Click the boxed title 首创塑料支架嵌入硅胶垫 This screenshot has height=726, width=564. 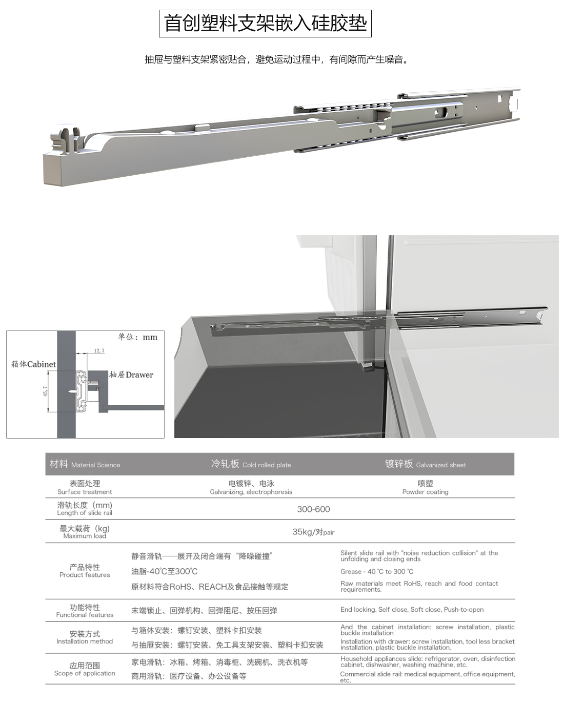tap(265, 24)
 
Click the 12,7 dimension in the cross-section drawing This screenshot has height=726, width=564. tap(99, 351)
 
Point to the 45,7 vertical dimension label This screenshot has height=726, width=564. tap(45, 391)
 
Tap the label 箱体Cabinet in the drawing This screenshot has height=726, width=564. tap(34, 364)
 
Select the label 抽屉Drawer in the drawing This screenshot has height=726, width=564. tap(131, 375)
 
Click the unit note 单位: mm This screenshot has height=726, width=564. tap(137, 337)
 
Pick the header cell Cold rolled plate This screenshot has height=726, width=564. tap(251, 464)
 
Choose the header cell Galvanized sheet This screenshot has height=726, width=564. tap(425, 464)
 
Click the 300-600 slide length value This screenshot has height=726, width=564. tap(313, 509)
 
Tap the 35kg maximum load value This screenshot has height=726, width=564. tap(313, 532)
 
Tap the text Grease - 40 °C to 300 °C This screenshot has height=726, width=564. tap(377, 572)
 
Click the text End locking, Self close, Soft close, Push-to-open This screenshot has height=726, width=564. tap(412, 610)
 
